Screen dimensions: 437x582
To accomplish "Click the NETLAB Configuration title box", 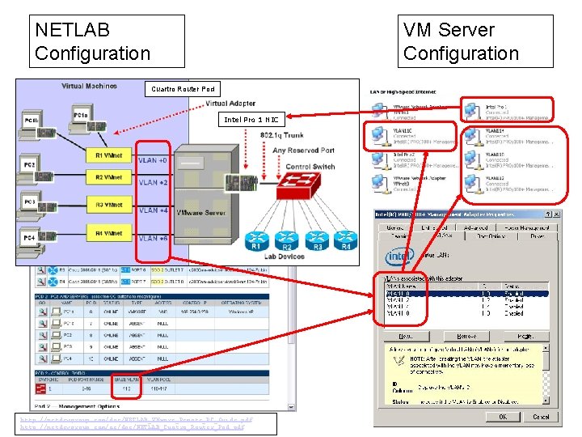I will click(x=106, y=41).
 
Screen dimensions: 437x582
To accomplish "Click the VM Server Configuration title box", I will click(x=476, y=41).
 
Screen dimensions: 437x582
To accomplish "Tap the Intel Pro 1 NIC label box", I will click(x=251, y=119).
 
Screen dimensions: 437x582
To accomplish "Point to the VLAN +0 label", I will click(x=153, y=160).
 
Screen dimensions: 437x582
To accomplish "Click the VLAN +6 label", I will click(x=153, y=239).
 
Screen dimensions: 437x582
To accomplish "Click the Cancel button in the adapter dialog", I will click(x=541, y=417).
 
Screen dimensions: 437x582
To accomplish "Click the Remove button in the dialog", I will click(x=467, y=335).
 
